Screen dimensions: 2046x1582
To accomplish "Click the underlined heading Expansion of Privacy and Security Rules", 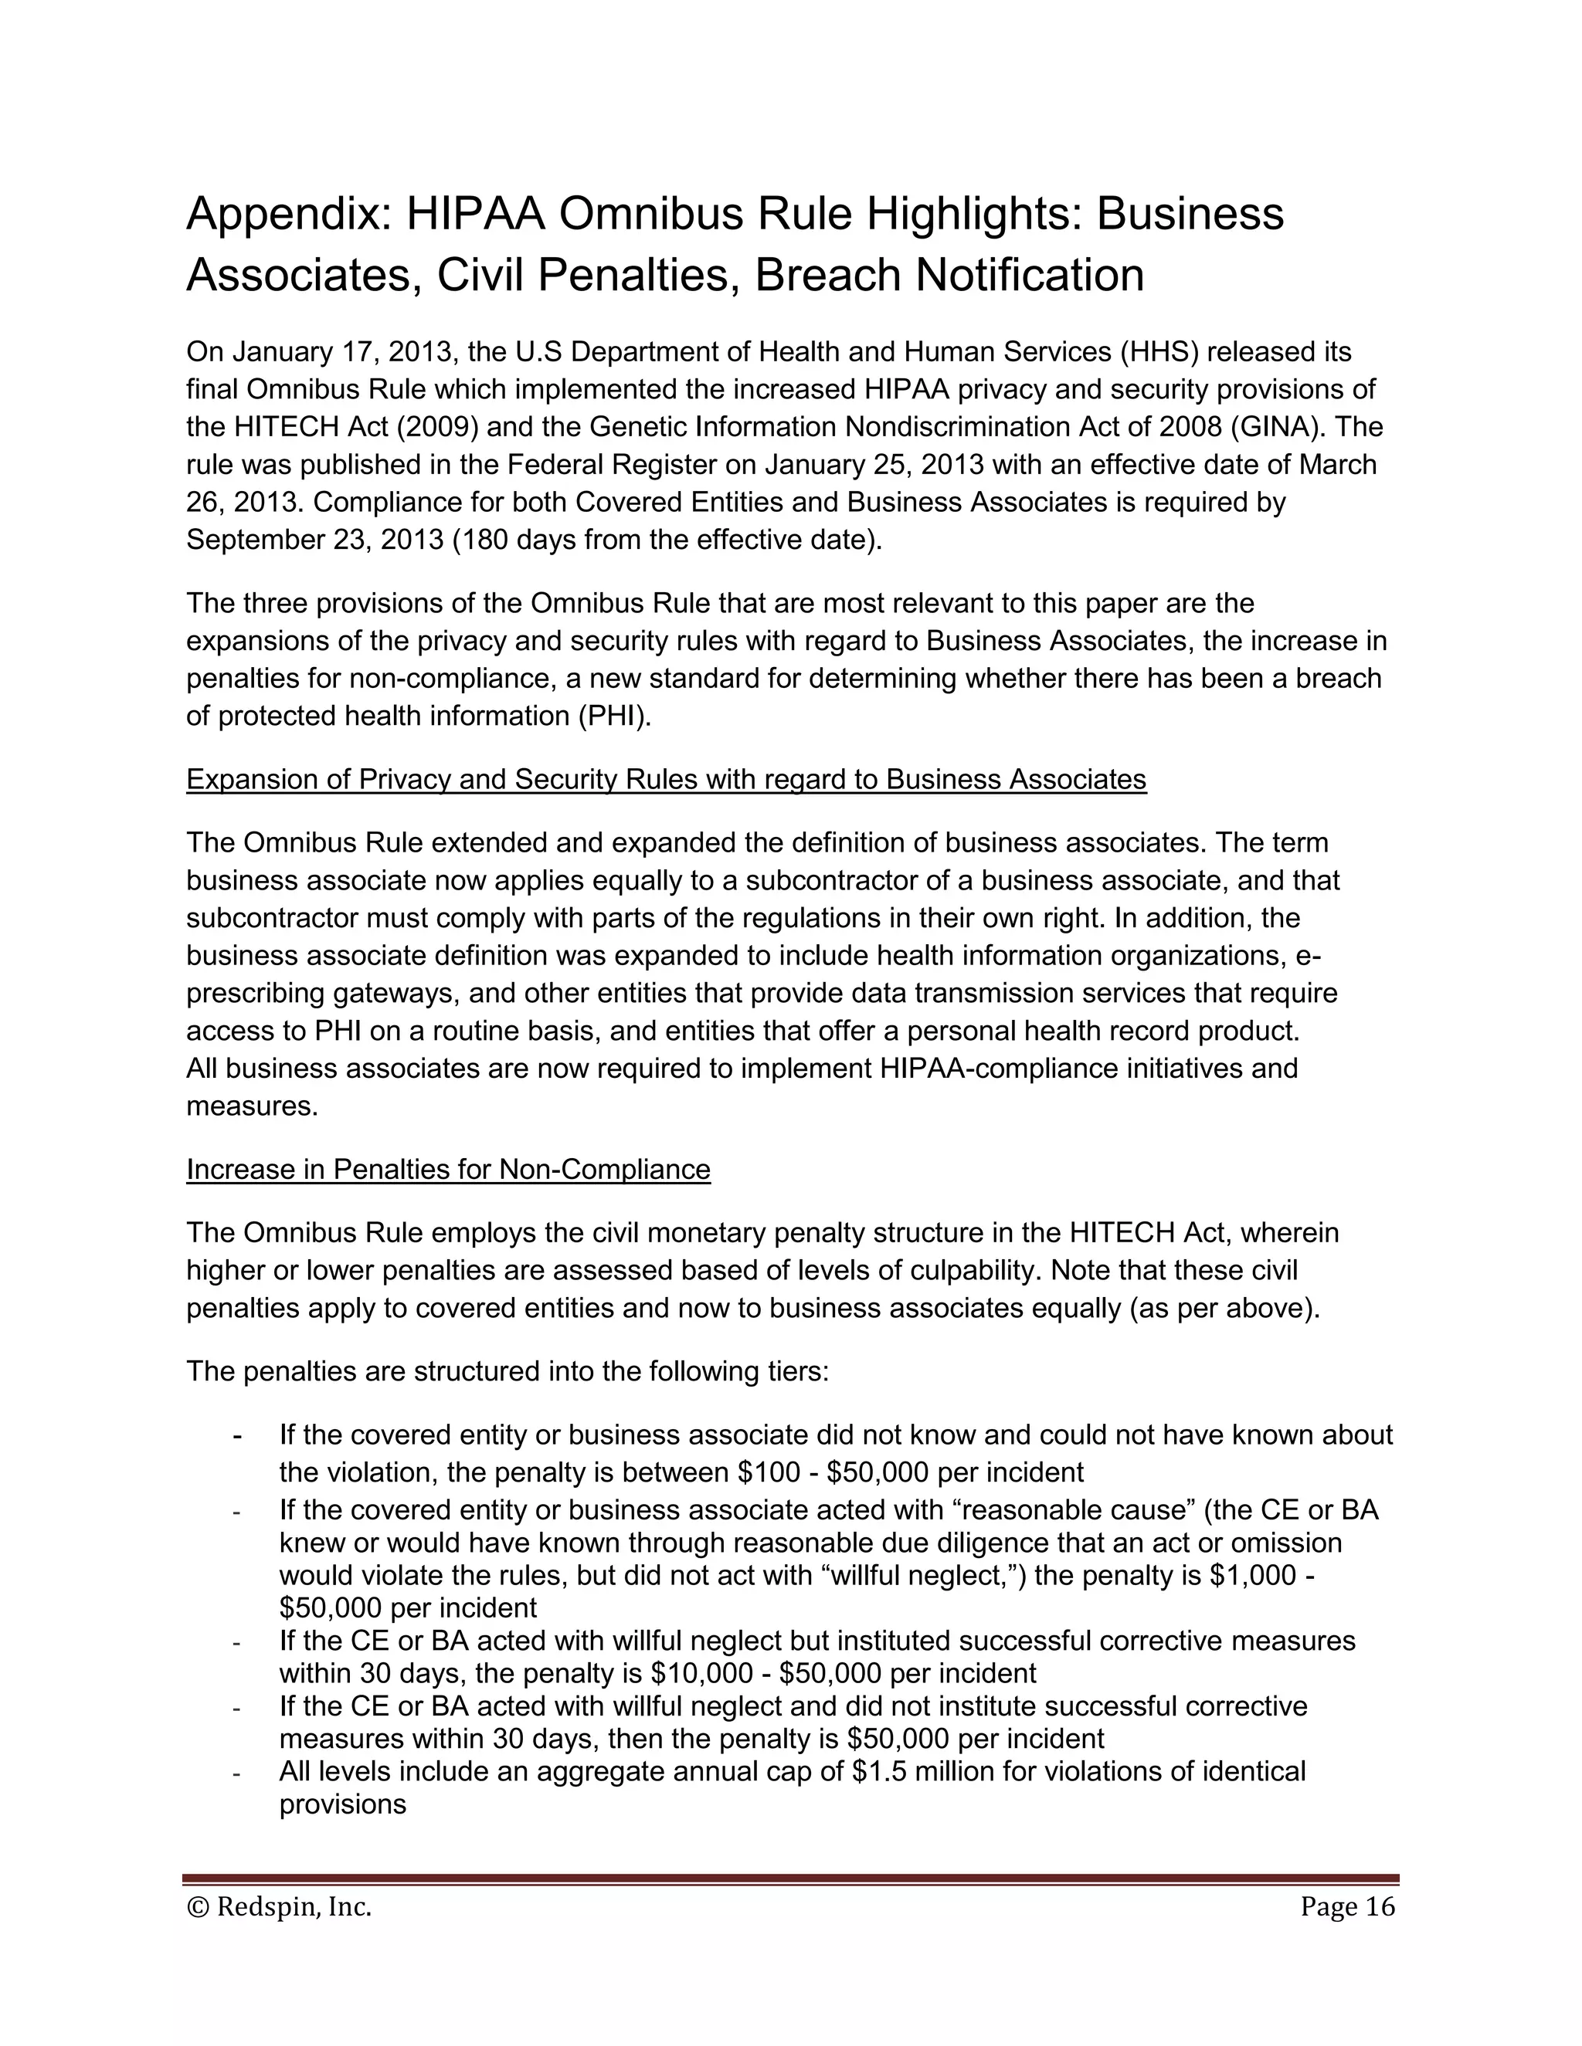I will click(x=665, y=781).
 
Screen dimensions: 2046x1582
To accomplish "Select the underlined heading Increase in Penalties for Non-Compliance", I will click(x=448, y=1170).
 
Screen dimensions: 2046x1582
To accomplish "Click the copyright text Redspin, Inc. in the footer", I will click(x=294, y=1907).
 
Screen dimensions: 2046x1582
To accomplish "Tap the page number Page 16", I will click(x=1346, y=1907).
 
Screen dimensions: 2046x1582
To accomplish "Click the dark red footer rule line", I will click(x=790, y=1879).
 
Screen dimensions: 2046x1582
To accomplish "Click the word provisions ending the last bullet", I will click(x=342, y=1804).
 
